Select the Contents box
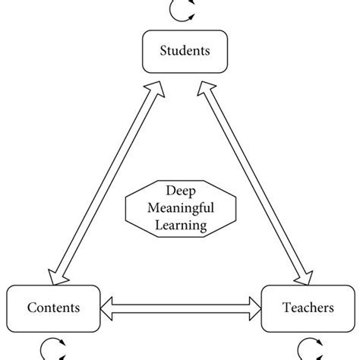(x=53, y=308)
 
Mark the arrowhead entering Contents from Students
(x=52, y=275)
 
